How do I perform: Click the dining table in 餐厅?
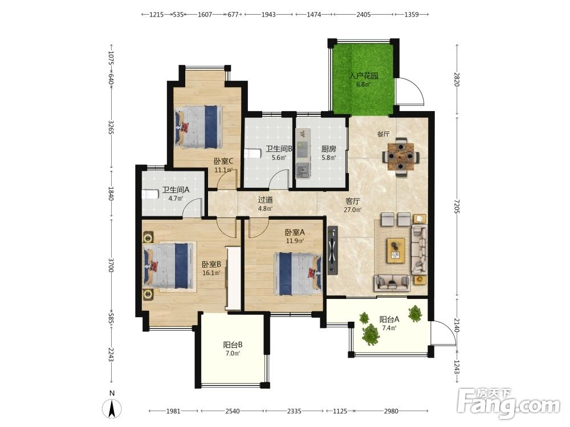(x=401, y=157)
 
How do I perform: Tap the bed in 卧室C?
(x=198, y=127)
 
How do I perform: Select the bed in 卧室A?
(x=298, y=273)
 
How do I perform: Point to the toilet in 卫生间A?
(x=150, y=195)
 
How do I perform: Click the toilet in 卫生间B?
(x=253, y=154)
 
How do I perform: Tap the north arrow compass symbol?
(x=112, y=409)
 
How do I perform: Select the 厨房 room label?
(x=329, y=149)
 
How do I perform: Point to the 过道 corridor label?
(x=266, y=200)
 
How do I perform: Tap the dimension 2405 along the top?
(x=364, y=15)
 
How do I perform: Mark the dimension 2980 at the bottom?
(x=391, y=411)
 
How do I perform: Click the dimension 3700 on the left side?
(x=111, y=265)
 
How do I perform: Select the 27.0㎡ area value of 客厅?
(x=353, y=210)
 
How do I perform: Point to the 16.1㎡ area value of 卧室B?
(x=211, y=273)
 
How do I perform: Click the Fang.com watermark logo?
(x=509, y=403)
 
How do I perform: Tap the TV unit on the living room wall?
(x=332, y=250)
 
